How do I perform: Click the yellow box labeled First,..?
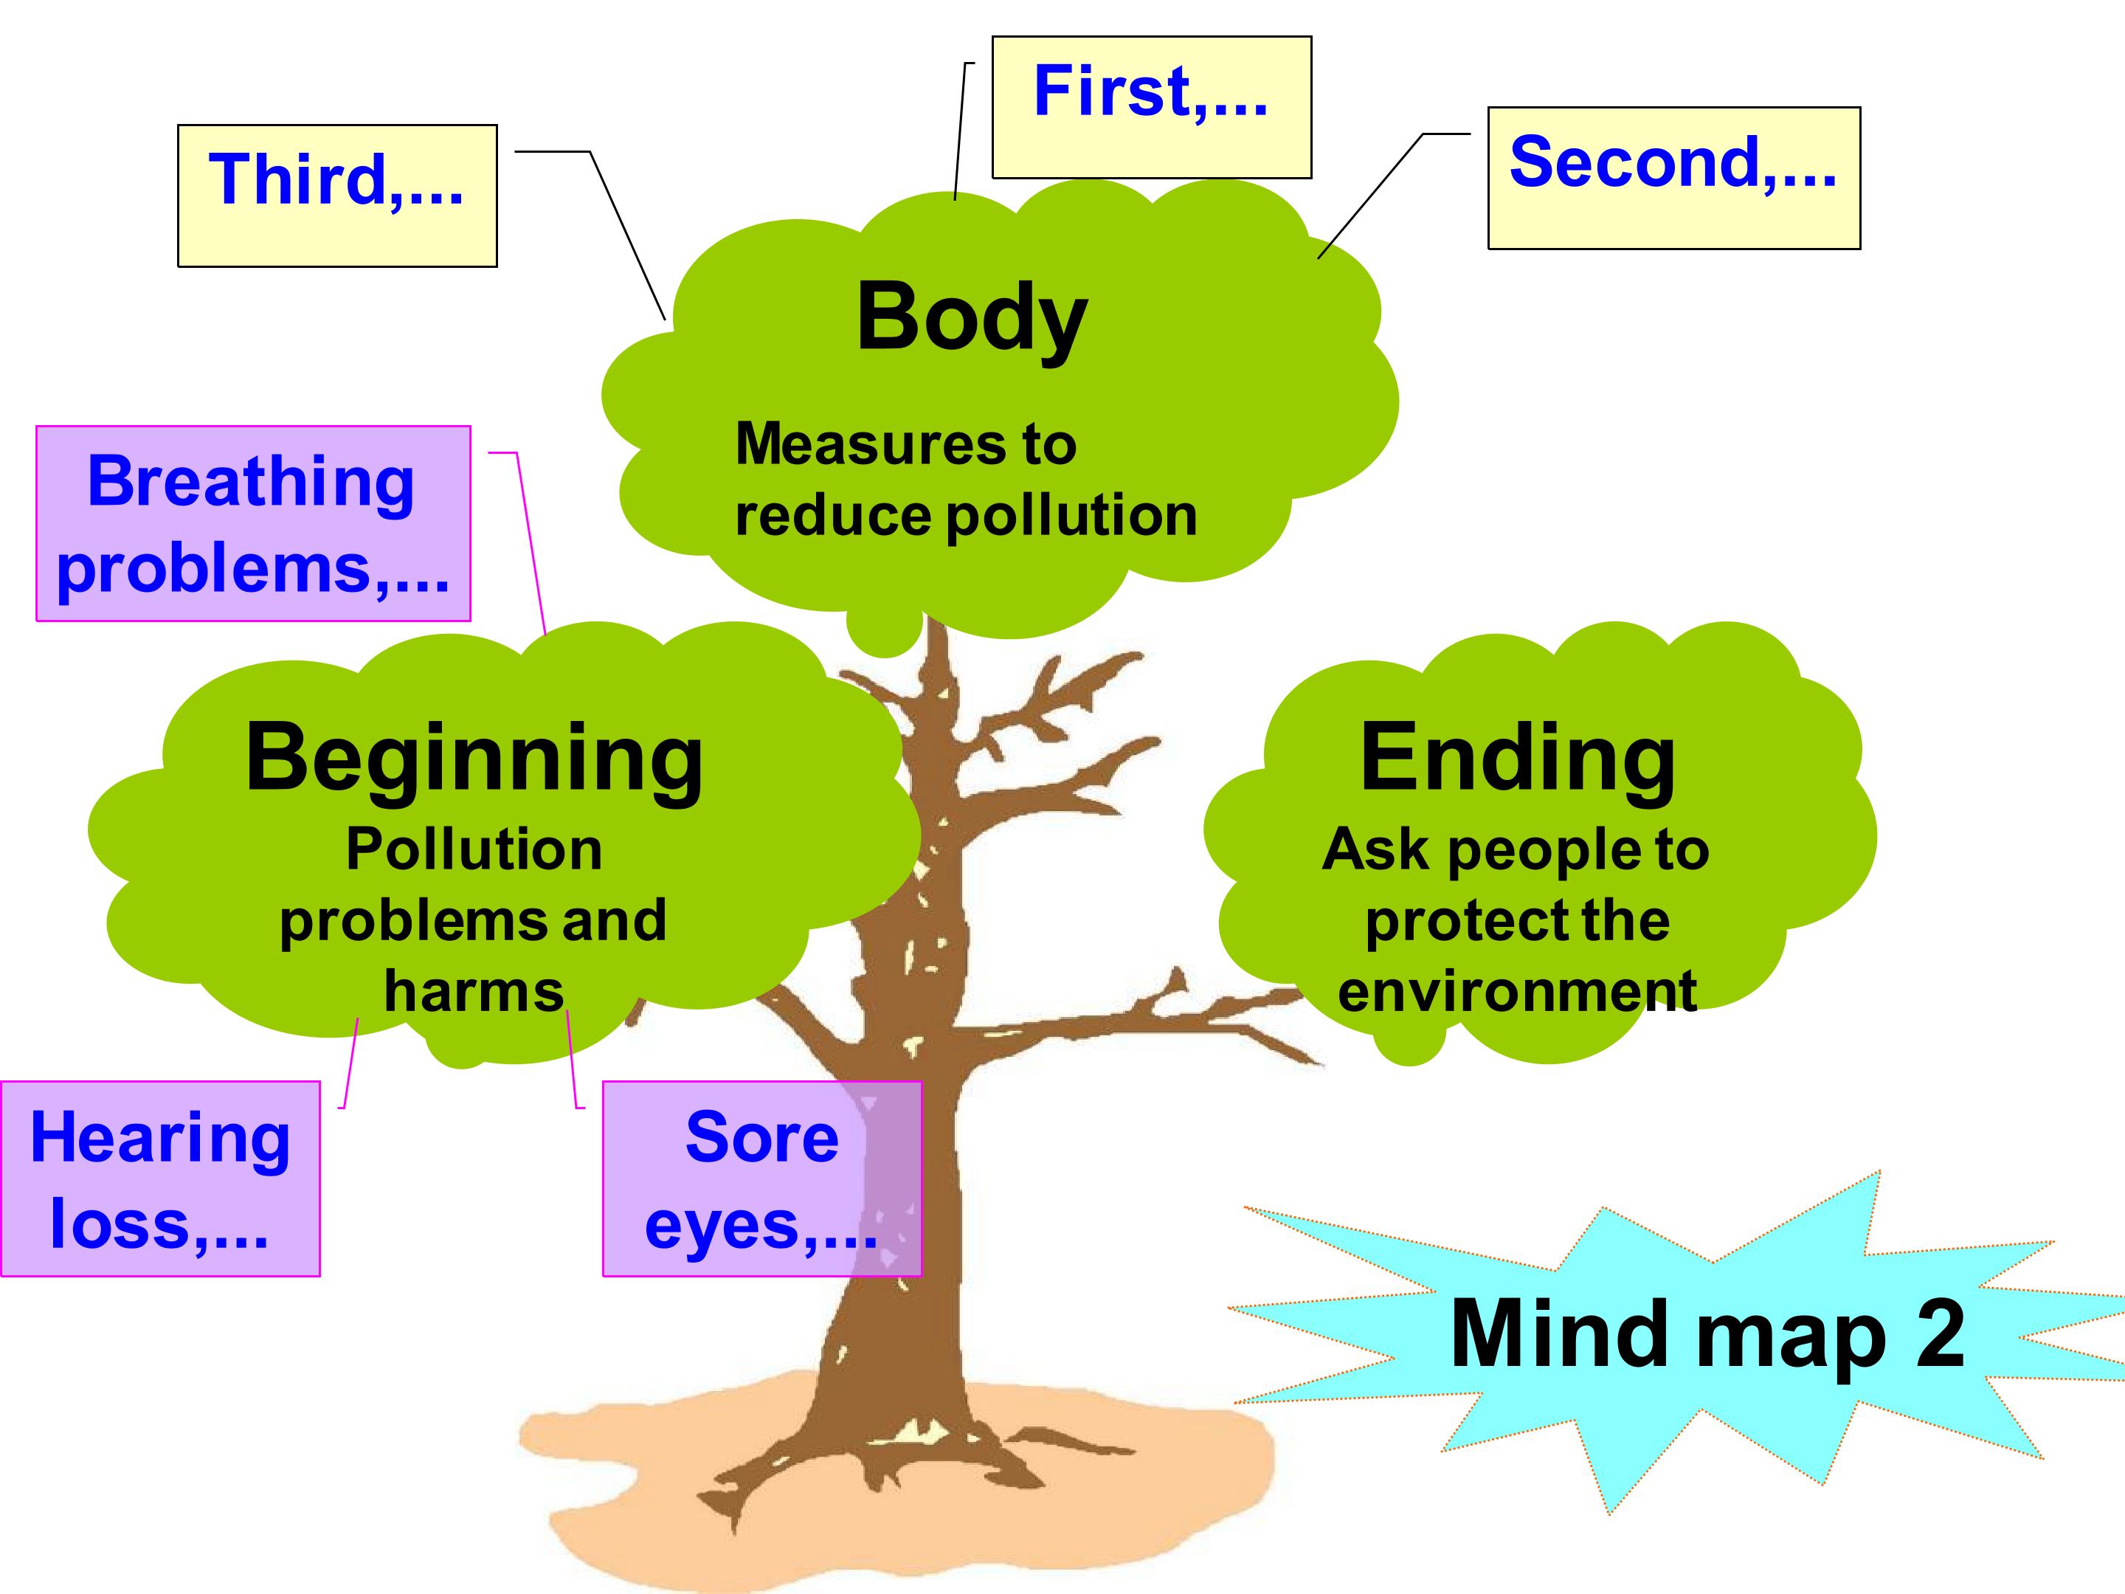click(x=1151, y=108)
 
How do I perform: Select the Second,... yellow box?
click(x=1673, y=178)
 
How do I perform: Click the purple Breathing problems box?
click(x=254, y=524)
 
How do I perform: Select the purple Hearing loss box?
click(x=160, y=1179)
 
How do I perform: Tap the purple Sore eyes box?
click(x=761, y=1179)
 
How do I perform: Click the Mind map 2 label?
click(x=1707, y=1333)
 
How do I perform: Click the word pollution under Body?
click(x=1072, y=517)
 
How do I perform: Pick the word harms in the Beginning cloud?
click(x=474, y=992)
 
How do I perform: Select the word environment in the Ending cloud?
click(x=1517, y=992)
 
